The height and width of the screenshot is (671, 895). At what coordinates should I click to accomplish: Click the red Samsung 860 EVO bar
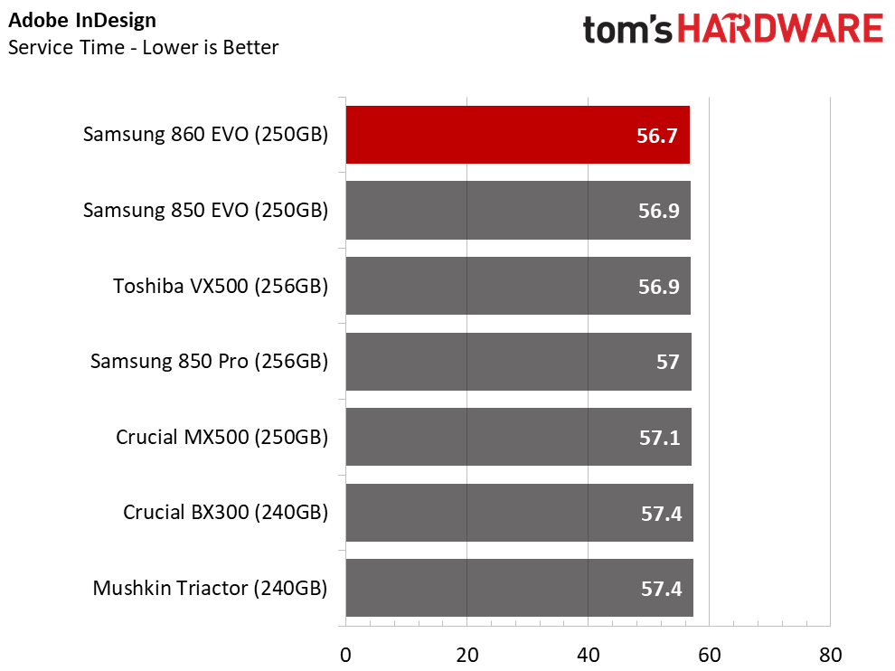pyautogui.click(x=518, y=135)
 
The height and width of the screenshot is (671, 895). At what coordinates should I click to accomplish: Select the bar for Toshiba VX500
pyautogui.click(x=518, y=286)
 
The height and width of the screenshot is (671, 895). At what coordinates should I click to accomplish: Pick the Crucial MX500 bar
pyautogui.click(x=519, y=437)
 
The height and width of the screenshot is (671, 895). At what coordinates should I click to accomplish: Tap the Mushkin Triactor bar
pyautogui.click(x=520, y=588)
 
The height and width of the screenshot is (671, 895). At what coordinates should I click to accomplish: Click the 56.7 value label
pyautogui.click(x=657, y=136)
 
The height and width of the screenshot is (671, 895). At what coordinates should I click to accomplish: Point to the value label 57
pyautogui.click(x=668, y=362)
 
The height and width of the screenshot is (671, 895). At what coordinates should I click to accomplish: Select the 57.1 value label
pyautogui.click(x=660, y=438)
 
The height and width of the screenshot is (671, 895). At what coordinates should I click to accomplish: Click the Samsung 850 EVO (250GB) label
pyautogui.click(x=205, y=211)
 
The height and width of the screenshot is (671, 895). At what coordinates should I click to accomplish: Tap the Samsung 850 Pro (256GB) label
pyautogui.click(x=209, y=362)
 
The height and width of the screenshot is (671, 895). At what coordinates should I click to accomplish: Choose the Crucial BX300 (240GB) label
pyautogui.click(x=225, y=513)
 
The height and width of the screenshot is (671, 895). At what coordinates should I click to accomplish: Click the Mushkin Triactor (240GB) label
pyautogui.click(x=210, y=588)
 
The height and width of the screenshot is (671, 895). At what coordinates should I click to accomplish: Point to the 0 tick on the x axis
pyautogui.click(x=345, y=655)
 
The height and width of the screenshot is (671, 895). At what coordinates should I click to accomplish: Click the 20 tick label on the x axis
pyautogui.click(x=466, y=655)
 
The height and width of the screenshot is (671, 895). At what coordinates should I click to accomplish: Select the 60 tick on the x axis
pyautogui.click(x=710, y=655)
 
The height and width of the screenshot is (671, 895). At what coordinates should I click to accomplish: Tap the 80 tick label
pyautogui.click(x=831, y=655)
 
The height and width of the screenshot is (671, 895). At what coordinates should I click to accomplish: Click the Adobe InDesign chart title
pyautogui.click(x=82, y=21)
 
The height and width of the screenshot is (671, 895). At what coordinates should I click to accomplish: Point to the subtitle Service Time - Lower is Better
pyautogui.click(x=143, y=47)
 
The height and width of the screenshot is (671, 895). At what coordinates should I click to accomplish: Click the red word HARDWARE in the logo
pyautogui.click(x=780, y=29)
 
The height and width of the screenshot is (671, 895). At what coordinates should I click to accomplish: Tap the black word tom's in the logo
pyautogui.click(x=628, y=30)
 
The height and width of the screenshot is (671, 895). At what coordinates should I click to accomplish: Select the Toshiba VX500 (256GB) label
pyautogui.click(x=221, y=286)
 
